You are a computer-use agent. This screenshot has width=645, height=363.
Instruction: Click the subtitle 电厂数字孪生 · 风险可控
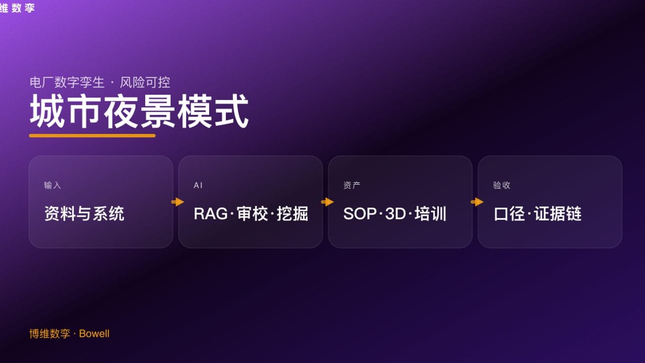click(100, 82)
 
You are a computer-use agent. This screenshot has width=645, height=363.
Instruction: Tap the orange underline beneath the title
click(92, 136)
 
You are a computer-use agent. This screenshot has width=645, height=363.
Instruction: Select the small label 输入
click(52, 186)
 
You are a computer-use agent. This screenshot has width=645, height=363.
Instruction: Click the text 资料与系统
click(84, 214)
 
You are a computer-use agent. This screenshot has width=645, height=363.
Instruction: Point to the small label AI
click(198, 186)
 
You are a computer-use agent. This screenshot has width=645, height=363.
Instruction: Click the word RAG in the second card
click(211, 214)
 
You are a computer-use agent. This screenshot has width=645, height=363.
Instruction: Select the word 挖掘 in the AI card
click(292, 214)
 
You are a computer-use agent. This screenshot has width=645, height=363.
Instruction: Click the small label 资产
click(352, 186)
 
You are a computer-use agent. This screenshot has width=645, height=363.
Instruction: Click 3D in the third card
click(396, 214)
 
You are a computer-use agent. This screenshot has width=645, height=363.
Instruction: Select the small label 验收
click(501, 186)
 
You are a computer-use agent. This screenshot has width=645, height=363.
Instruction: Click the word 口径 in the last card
click(509, 214)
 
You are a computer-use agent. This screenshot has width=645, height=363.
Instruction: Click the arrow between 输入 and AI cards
click(178, 202)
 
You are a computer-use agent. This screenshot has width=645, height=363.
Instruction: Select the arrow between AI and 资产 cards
click(328, 202)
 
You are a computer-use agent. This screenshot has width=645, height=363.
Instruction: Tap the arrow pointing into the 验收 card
click(477, 202)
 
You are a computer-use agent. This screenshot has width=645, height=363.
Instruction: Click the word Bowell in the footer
click(94, 334)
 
